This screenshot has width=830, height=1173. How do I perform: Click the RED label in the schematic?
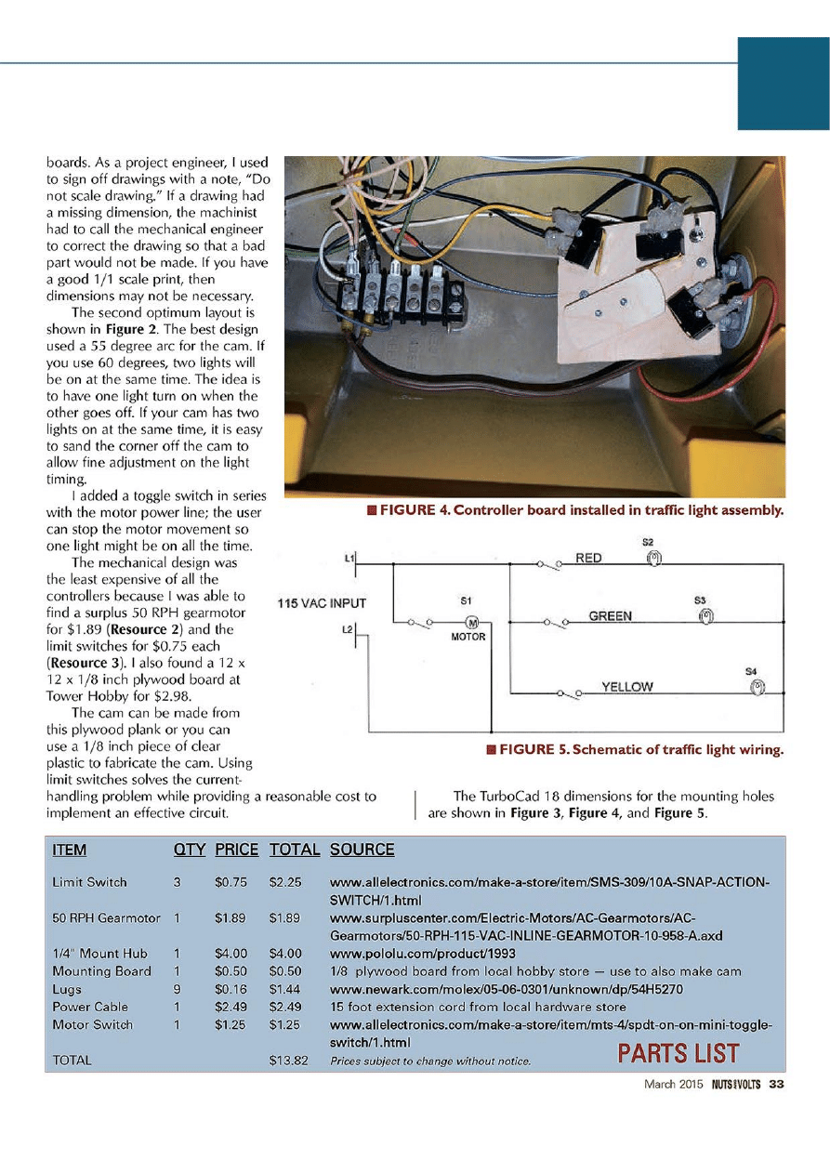pyautogui.click(x=589, y=558)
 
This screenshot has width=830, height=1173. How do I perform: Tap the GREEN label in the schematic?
pyautogui.click(x=611, y=615)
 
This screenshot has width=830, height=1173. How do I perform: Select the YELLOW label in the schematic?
pyautogui.click(x=627, y=687)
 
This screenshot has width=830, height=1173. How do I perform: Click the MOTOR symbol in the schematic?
pyautogui.click(x=471, y=622)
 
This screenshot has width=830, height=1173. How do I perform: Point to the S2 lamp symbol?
pyautogui.click(x=653, y=558)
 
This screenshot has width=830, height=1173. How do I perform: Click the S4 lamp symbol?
pyautogui.click(x=757, y=687)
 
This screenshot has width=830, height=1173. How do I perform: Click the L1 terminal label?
pyautogui.click(x=349, y=558)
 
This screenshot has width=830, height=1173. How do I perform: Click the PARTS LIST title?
pyautogui.click(x=678, y=1053)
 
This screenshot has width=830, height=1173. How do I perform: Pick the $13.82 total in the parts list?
pyautogui.click(x=287, y=1060)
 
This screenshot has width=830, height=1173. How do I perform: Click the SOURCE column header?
pyautogui.click(x=362, y=850)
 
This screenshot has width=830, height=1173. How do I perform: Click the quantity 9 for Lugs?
pyautogui.click(x=176, y=989)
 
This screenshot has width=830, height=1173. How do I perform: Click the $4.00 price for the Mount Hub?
pyautogui.click(x=229, y=953)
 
